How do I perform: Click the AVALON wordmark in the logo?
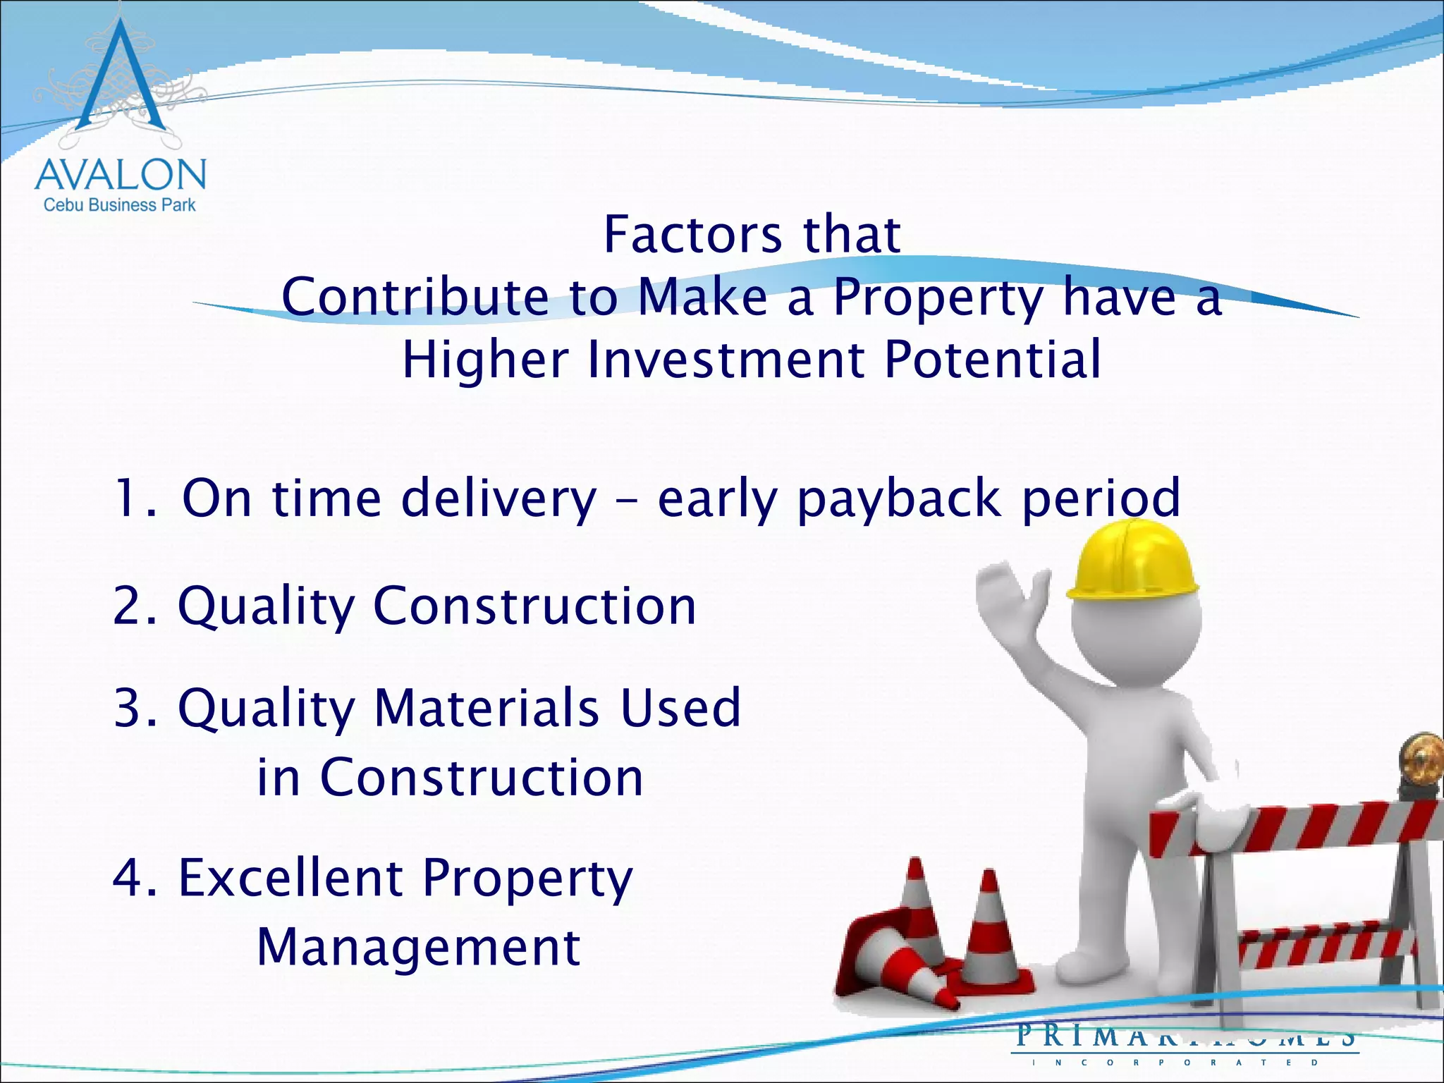[x=120, y=175]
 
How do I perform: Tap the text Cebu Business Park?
[x=120, y=205]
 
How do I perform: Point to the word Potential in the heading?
[x=992, y=360]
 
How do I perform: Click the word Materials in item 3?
[x=487, y=708]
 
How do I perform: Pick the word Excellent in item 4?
[x=290, y=879]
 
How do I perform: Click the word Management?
[x=418, y=948]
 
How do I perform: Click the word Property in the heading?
[x=938, y=298]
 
